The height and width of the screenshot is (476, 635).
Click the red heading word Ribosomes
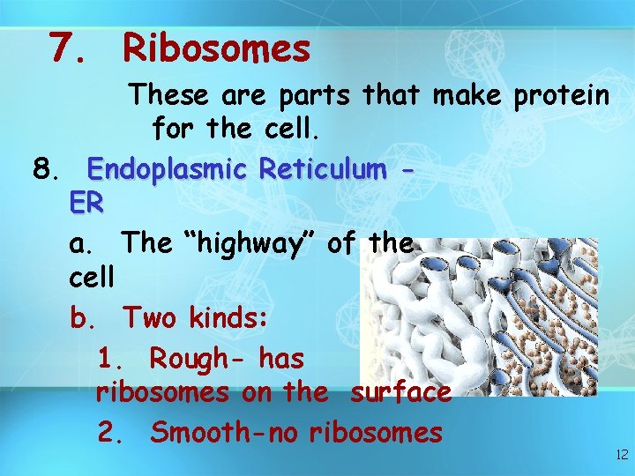(x=216, y=48)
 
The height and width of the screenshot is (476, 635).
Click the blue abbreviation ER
(x=86, y=205)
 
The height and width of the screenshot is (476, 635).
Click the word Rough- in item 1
(x=200, y=359)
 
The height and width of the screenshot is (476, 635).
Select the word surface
(x=400, y=392)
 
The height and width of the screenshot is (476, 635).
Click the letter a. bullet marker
(x=80, y=242)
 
